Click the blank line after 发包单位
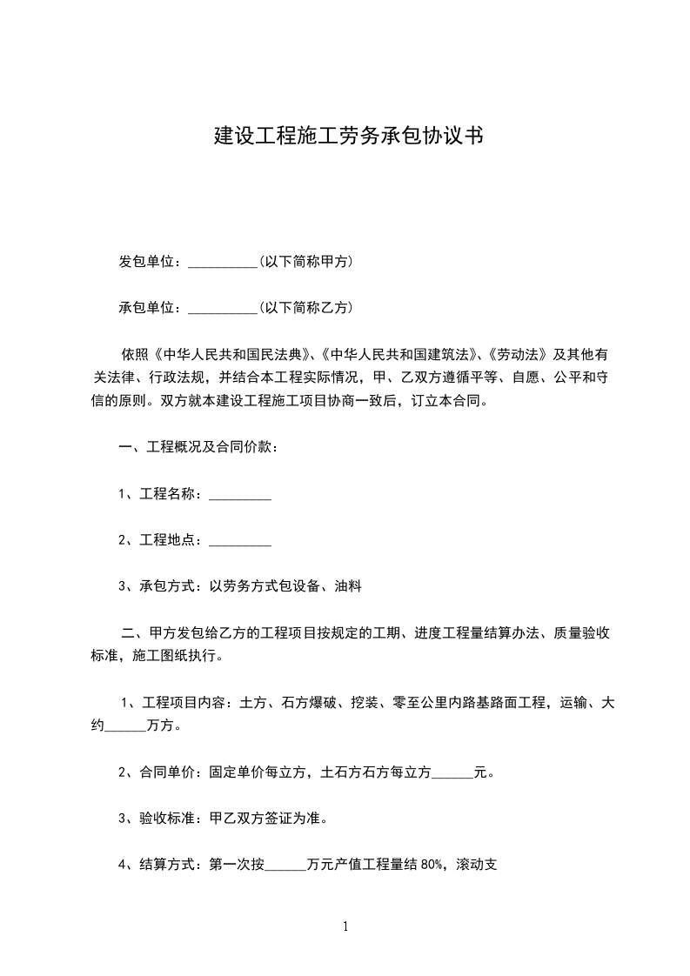tap(222, 262)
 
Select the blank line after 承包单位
tap(222, 308)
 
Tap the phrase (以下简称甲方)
tap(305, 261)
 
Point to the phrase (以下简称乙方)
tap(305, 307)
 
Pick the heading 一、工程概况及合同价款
tap(198, 447)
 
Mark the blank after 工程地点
tap(240, 541)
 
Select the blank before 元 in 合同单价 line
tap(452, 772)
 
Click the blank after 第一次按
tap(285, 865)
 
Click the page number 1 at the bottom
tap(345, 927)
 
